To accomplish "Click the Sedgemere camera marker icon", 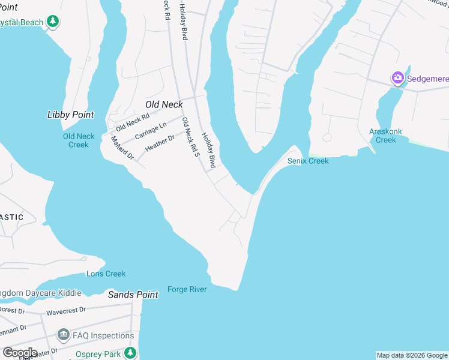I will click(x=397, y=78).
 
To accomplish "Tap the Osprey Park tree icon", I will click(x=130, y=353).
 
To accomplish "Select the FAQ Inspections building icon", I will click(x=63, y=335).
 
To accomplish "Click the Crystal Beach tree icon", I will click(x=53, y=22).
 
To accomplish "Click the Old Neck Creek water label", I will click(x=79, y=140).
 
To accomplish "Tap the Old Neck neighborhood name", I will click(x=164, y=104).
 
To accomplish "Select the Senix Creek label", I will click(x=308, y=161).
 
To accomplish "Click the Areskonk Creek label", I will click(x=385, y=136).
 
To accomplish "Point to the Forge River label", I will click(x=187, y=289).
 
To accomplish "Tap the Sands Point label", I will click(x=133, y=295).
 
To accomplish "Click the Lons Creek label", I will click(x=106, y=274).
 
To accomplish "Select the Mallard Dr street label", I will click(x=122, y=148).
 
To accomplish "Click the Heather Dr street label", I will click(x=160, y=142).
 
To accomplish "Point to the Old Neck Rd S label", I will click(x=190, y=137).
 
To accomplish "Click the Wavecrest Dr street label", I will click(x=67, y=311).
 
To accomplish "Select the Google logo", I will click(x=19, y=353).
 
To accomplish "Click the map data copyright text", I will click(x=412, y=355).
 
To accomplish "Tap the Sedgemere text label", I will click(x=427, y=78).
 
